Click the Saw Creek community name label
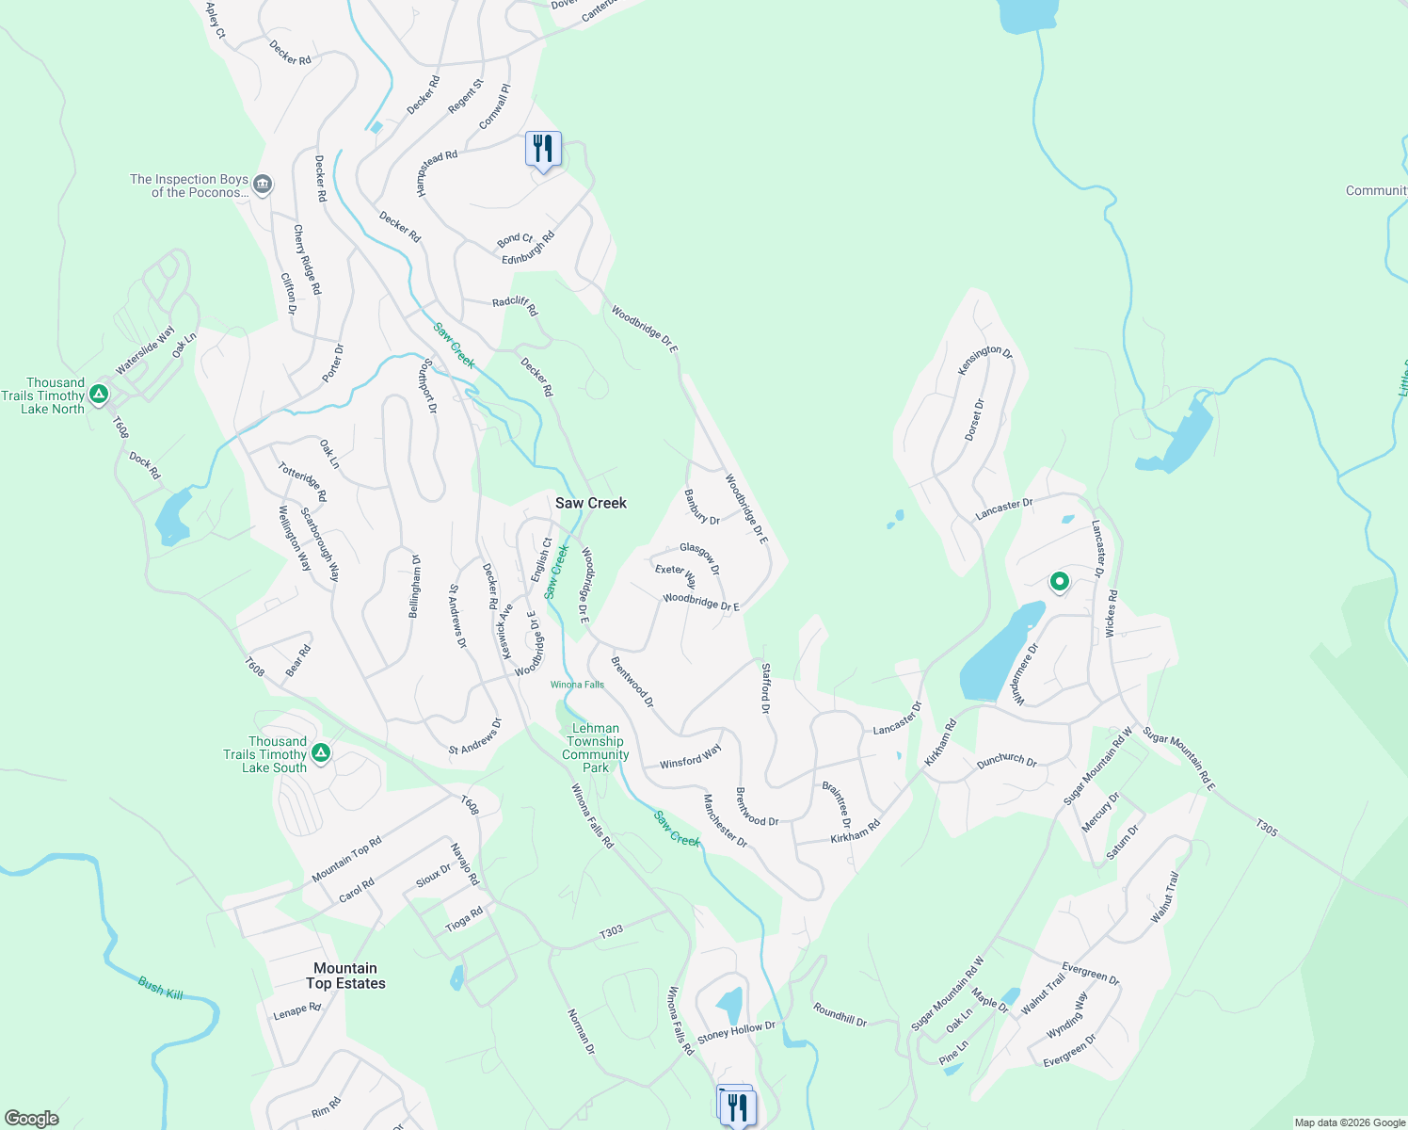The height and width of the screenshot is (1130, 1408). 590,503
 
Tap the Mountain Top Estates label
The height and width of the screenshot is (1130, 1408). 345,976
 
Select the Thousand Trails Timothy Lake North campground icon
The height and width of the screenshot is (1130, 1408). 99,395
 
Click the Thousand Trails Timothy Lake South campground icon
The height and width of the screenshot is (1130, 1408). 321,753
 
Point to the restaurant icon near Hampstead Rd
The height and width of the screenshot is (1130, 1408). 543,149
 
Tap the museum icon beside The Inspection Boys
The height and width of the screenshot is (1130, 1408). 264,184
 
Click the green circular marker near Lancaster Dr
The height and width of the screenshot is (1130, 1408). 1059,582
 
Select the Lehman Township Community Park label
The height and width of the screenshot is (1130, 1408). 595,748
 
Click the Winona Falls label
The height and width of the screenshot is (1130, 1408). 577,685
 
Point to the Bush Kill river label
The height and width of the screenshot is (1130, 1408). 161,989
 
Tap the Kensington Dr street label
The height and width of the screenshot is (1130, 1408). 984,360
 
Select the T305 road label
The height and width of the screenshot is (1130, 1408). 1266,828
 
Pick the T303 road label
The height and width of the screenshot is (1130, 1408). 611,931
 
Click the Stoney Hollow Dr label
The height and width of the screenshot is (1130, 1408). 736,1030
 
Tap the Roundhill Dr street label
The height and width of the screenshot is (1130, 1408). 840,1015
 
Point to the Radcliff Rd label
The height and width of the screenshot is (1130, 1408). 515,305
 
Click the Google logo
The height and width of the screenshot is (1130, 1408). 31,1119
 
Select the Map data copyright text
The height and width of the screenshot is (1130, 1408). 1349,1122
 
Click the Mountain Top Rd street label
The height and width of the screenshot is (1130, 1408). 347,859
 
